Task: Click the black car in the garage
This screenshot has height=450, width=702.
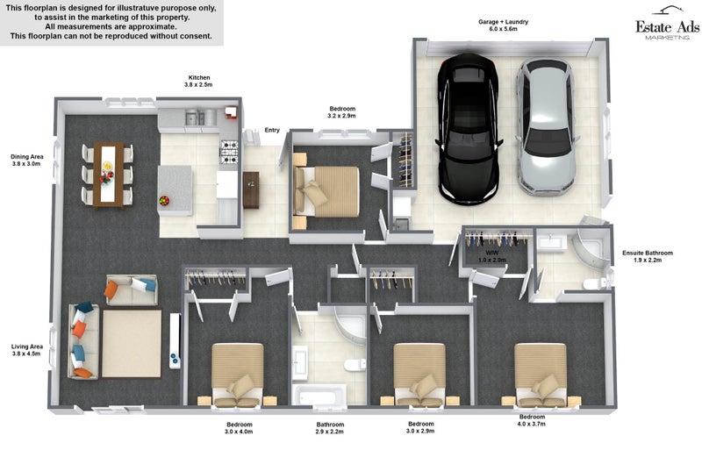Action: (x=468, y=129)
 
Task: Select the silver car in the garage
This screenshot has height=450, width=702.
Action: (x=546, y=127)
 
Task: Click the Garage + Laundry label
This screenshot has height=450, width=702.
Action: (x=503, y=25)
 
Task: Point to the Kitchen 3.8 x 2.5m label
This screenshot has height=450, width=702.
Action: (x=199, y=81)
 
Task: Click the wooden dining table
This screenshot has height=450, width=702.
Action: (x=108, y=175)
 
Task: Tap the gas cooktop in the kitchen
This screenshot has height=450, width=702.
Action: (x=229, y=152)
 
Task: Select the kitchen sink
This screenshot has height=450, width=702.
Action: (x=195, y=118)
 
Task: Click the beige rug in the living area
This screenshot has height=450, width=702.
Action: (x=131, y=344)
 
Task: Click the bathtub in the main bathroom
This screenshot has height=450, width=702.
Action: (x=319, y=396)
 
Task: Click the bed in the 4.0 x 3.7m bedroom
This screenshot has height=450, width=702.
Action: (x=541, y=375)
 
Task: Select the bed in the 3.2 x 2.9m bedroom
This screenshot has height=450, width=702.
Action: (x=326, y=192)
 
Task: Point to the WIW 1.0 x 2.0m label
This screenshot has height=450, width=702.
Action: (x=492, y=256)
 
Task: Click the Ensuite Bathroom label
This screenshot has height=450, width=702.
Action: (x=648, y=256)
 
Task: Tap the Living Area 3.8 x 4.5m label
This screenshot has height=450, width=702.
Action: (x=27, y=350)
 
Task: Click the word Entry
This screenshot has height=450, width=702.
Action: (x=272, y=130)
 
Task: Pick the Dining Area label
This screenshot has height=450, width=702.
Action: (x=27, y=160)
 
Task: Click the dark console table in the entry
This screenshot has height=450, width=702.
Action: (x=251, y=189)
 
